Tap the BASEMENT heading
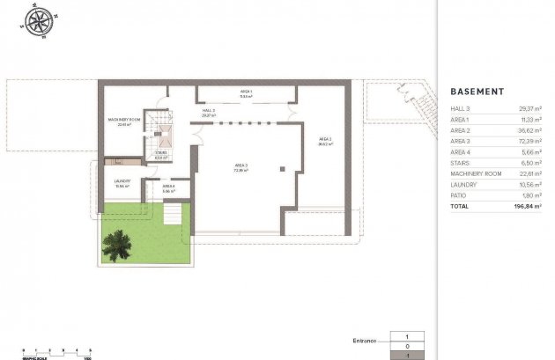477,92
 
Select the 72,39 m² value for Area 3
529,141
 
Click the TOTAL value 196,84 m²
528,206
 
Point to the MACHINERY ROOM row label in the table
476,173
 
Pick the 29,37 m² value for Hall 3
529,108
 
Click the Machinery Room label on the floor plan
124,121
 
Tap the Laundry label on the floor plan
122,183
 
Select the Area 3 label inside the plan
240,167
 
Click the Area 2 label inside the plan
324,141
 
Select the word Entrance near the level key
363,340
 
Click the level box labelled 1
407,335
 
